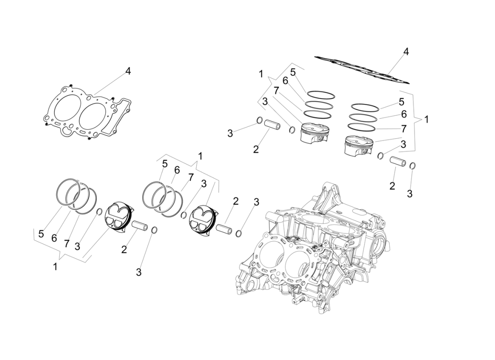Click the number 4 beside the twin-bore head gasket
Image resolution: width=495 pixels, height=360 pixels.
[128, 71]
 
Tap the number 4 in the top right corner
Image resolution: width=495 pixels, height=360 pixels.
[406, 52]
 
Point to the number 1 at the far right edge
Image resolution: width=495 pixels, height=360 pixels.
[426, 120]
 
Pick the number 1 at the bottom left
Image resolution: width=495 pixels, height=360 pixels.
[55, 267]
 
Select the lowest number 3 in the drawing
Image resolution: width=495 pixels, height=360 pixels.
[139, 272]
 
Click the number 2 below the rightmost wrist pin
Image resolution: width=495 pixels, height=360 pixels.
[392, 186]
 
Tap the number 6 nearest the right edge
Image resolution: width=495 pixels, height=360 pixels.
[404, 114]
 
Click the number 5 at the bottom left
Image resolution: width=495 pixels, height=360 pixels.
[41, 234]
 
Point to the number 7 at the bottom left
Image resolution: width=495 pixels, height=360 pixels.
[66, 243]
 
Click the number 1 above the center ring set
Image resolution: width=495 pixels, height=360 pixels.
[200, 156]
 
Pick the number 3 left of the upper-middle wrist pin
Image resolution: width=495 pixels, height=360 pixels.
[230, 133]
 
